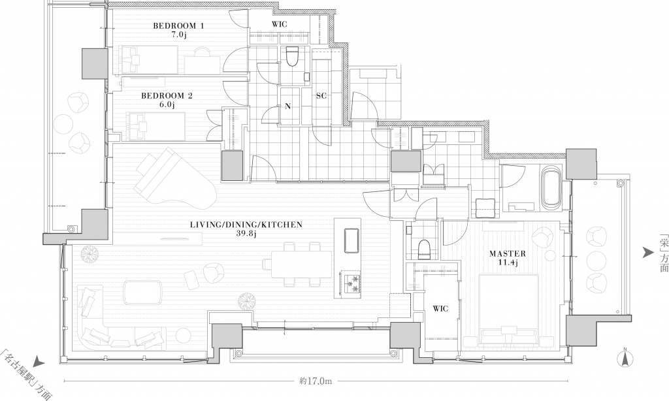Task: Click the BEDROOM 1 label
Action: (178, 26)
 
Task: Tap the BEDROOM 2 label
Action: (167, 96)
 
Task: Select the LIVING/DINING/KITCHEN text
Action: (246, 225)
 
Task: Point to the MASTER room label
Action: (507, 253)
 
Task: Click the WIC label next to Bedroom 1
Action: (280, 24)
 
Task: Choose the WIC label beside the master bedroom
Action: (440, 308)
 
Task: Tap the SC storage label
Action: (321, 96)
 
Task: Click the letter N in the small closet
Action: (288, 106)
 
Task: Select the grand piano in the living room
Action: (176, 178)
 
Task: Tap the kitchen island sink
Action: (351, 240)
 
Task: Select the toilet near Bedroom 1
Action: (292, 56)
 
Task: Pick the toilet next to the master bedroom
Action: (424, 249)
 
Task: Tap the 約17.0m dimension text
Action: (316, 381)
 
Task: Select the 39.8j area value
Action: (246, 233)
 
